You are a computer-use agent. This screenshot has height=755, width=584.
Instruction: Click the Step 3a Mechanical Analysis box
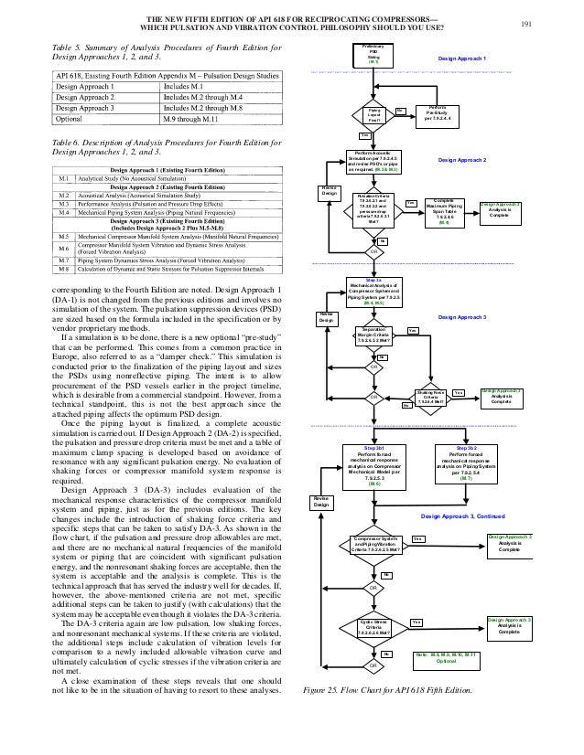click(x=373, y=290)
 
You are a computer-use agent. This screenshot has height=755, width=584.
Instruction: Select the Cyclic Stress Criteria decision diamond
click(x=373, y=628)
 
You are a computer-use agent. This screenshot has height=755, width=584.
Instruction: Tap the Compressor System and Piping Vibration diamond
click(x=373, y=546)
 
